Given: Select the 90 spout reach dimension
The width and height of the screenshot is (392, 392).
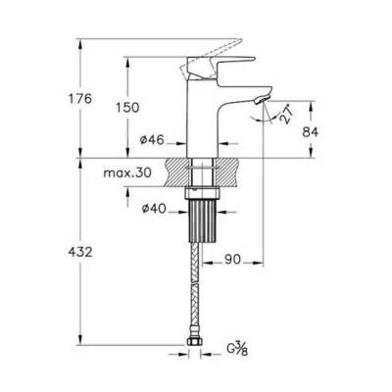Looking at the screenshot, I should tap(232, 259).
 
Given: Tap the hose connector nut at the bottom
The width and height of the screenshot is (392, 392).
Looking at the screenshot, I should tap(198, 344).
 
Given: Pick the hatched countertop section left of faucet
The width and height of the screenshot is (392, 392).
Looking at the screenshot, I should tap(175, 172).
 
